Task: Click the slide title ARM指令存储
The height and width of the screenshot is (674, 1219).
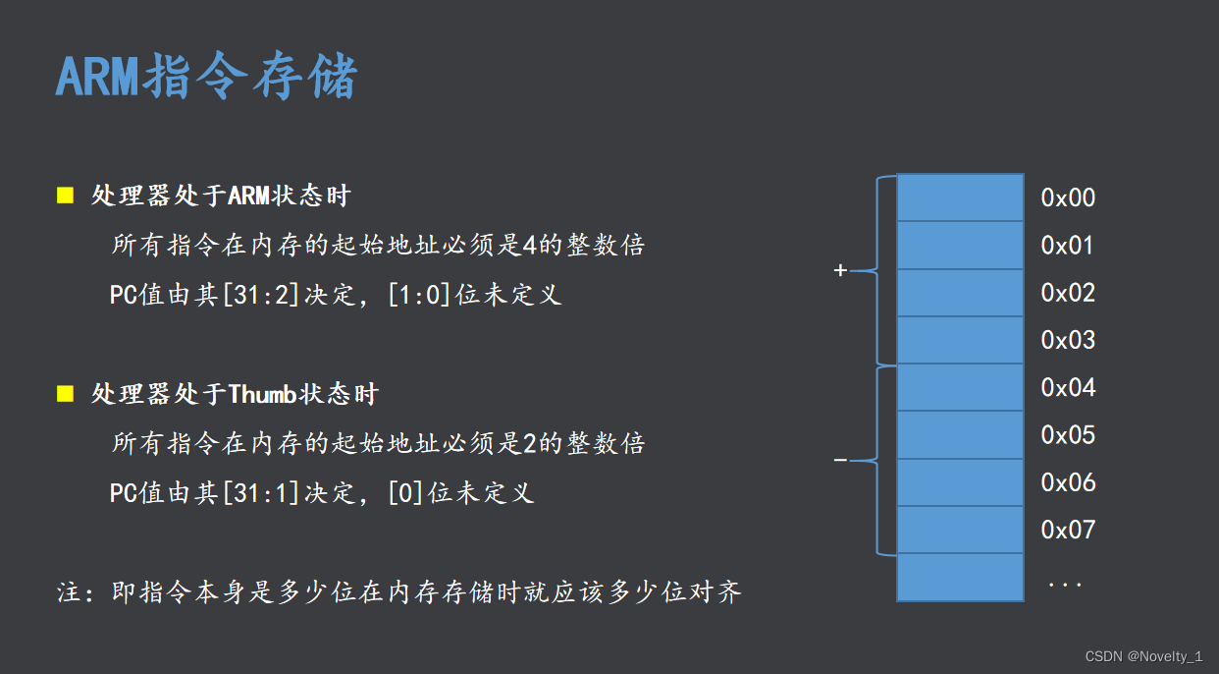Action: click(x=206, y=78)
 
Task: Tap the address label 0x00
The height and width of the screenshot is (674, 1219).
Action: click(x=1068, y=198)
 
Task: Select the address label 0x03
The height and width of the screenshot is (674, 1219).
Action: click(x=1068, y=341)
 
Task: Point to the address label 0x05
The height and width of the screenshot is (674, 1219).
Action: click(x=1068, y=435)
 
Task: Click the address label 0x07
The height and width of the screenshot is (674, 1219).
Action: click(x=1068, y=531)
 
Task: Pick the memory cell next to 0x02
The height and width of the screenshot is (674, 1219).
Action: click(x=960, y=293)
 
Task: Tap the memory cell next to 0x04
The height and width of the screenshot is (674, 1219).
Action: click(x=960, y=388)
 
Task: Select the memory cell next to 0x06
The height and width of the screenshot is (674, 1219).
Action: click(x=960, y=482)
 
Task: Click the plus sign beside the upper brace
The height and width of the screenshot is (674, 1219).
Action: click(x=839, y=270)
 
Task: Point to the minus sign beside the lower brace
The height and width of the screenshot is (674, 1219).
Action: click(x=839, y=460)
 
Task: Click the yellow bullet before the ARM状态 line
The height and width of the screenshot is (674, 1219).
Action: click(x=66, y=195)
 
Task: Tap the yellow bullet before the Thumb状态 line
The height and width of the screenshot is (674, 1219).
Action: click(x=66, y=394)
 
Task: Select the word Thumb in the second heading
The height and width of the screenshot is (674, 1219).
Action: click(x=262, y=395)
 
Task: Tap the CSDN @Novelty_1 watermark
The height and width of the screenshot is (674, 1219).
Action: click(x=1143, y=656)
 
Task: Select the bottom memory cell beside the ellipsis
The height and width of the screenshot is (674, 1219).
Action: click(x=960, y=578)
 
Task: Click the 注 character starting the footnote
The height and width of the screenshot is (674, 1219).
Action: click(x=68, y=592)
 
